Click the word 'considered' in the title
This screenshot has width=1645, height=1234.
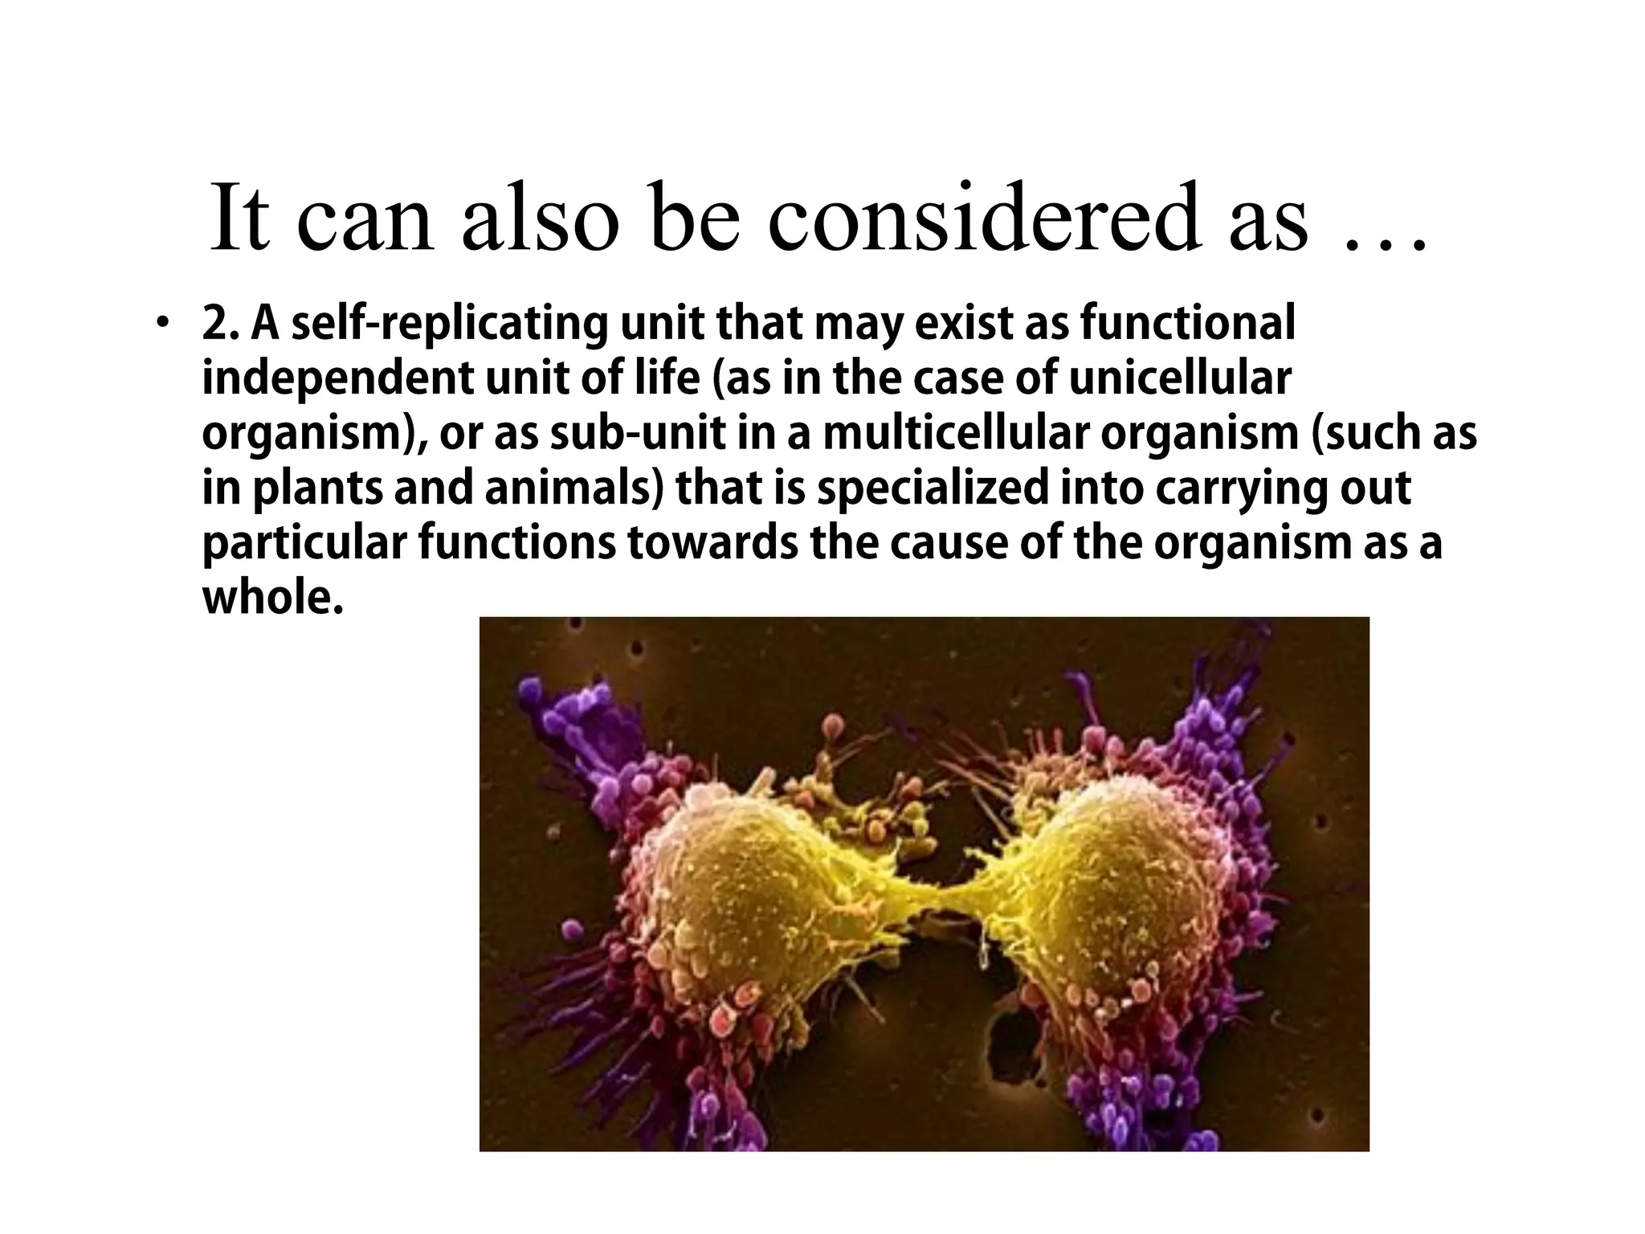point(987,219)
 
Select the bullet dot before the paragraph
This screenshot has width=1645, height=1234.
point(164,324)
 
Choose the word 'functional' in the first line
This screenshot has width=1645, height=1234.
point(1186,324)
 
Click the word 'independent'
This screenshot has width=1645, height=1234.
point(337,378)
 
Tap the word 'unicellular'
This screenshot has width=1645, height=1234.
point(1180,378)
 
